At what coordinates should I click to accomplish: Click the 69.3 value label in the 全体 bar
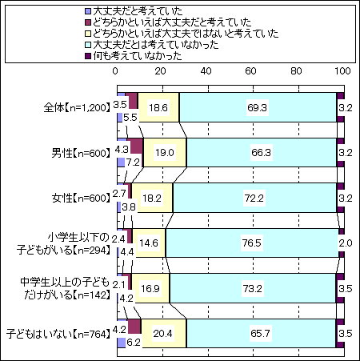pos(257,107)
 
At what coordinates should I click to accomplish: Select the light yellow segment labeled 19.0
pos(165,153)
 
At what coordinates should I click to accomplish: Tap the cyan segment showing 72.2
pos(254,198)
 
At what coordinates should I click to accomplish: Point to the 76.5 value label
pos(252,243)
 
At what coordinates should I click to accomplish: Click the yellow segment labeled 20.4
pos(164,334)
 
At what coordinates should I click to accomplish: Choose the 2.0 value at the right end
pos(346,243)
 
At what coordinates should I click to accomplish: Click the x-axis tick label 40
pos(206,71)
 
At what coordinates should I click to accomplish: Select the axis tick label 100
pos(342,71)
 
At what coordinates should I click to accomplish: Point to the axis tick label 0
pos(115,71)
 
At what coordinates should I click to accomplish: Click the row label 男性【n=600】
pos(81,153)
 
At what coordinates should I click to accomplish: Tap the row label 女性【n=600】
pos(81,199)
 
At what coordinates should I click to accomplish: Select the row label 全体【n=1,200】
pos(77,108)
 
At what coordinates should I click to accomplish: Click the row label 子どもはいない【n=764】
pos(58,334)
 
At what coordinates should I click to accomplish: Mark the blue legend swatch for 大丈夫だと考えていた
pos(88,11)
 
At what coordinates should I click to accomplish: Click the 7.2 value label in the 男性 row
pos(133,162)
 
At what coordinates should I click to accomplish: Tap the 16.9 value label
pos(150,288)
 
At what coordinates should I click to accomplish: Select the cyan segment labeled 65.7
pos(261,334)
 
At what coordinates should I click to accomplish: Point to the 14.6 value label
pos(149,243)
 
